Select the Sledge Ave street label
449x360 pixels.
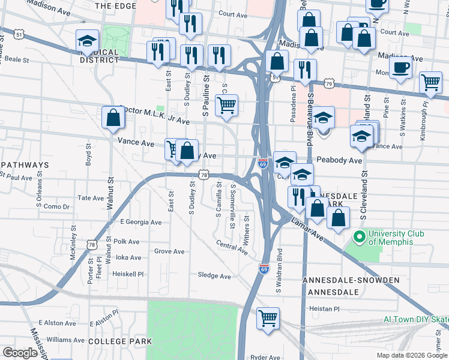(x=214, y=276)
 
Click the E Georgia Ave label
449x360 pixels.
(x=141, y=222)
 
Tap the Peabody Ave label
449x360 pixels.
(x=339, y=161)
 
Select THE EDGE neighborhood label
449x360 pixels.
(x=116, y=5)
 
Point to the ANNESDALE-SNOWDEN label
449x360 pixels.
(x=343, y=280)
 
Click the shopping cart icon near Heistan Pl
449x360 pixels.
(x=268, y=318)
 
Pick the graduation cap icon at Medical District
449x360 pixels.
(x=87, y=41)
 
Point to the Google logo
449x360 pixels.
(x=20, y=353)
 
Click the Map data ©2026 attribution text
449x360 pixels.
(x=411, y=355)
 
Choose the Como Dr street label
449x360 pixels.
(x=57, y=206)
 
